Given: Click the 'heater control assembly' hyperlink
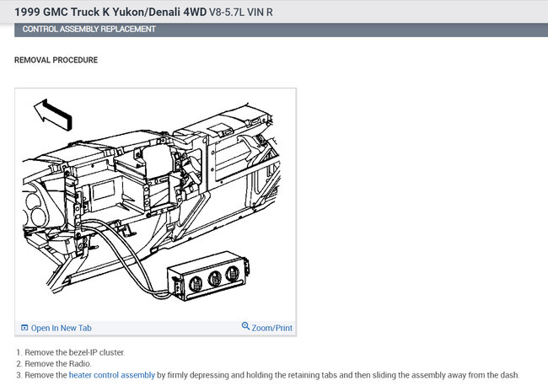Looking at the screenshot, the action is pyautogui.click(x=112, y=375).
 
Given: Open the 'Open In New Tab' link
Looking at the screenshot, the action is pyautogui.click(x=62, y=328).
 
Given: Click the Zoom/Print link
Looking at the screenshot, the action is pyautogui.click(x=272, y=328).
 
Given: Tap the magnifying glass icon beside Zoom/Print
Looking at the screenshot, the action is pyautogui.click(x=245, y=326).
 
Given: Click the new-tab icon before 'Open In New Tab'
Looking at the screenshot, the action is pyautogui.click(x=24, y=328).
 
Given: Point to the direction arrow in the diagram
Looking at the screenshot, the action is pyautogui.click(x=53, y=115).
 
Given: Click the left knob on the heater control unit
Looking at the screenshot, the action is pyautogui.click(x=196, y=283).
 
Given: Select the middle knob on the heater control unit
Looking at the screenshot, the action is pyautogui.click(x=214, y=278).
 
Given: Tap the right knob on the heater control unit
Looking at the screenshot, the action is pyautogui.click(x=233, y=274).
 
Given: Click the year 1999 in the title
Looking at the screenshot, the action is pyautogui.click(x=27, y=13).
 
